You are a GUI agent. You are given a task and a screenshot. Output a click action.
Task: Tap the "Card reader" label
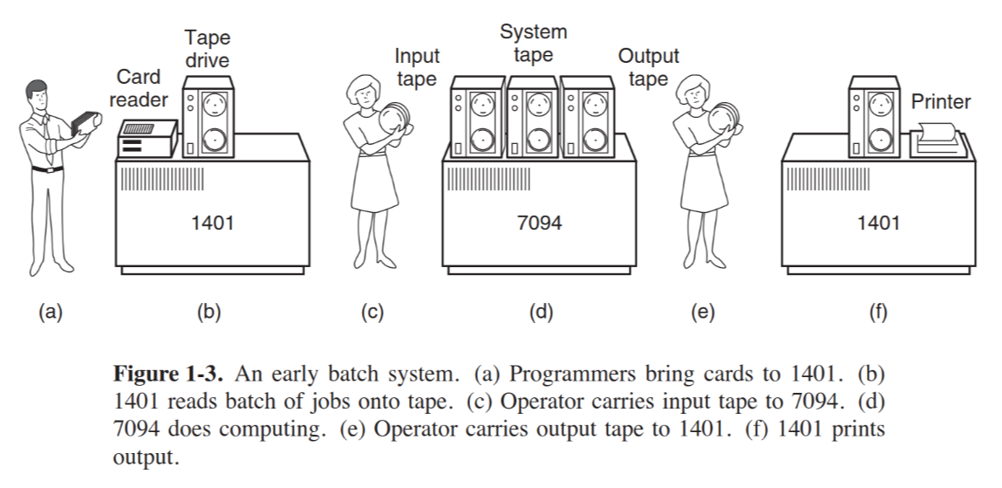coord(138,88)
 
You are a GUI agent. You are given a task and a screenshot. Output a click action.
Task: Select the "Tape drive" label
coord(207,49)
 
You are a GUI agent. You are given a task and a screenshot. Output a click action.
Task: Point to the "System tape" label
coord(533,44)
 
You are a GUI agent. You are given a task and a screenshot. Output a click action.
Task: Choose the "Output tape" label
coord(648,68)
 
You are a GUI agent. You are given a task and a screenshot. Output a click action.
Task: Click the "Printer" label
coord(940,102)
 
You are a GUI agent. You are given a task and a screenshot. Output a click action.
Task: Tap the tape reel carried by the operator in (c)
coord(393,120)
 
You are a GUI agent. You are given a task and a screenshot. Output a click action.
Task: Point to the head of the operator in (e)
coord(694,89)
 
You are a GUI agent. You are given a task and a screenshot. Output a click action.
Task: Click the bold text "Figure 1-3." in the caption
coord(171,376)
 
